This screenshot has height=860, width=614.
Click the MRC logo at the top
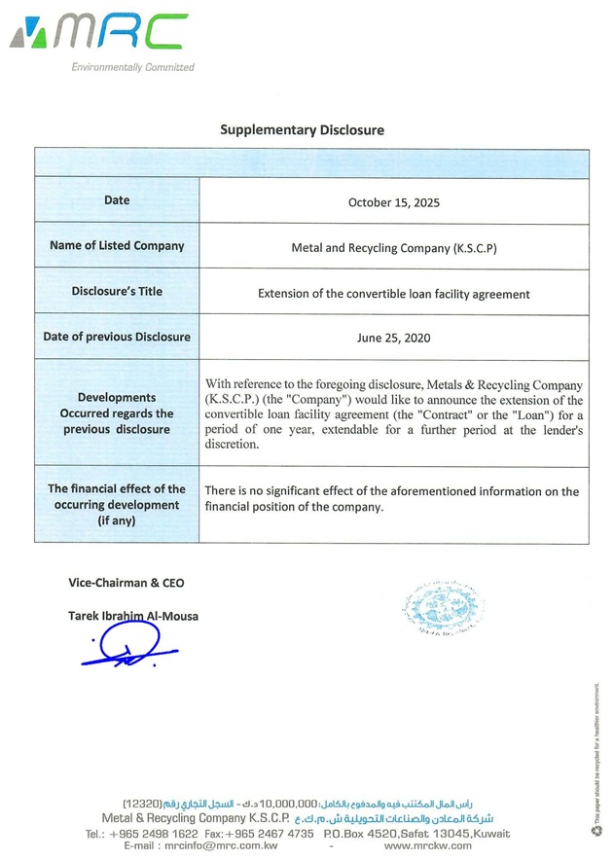click(98, 35)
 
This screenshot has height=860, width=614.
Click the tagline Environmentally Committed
click(132, 67)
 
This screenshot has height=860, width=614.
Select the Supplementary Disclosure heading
click(302, 129)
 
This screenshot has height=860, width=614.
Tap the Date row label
click(117, 200)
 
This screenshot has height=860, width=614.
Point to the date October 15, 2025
click(394, 202)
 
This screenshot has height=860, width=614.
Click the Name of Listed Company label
click(117, 246)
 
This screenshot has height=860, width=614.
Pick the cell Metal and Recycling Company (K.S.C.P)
click(394, 248)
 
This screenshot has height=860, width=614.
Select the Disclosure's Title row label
click(117, 291)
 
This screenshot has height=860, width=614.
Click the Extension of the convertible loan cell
click(394, 293)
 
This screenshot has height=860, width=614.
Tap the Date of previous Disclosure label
click(117, 337)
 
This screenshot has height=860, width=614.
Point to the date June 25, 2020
click(394, 339)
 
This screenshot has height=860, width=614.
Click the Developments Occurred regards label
click(117, 413)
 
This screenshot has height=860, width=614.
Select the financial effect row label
click(117, 505)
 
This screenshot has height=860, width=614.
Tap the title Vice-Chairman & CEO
click(126, 583)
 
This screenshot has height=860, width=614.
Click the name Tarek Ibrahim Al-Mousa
click(132, 616)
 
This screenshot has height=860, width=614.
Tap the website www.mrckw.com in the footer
click(428, 845)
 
